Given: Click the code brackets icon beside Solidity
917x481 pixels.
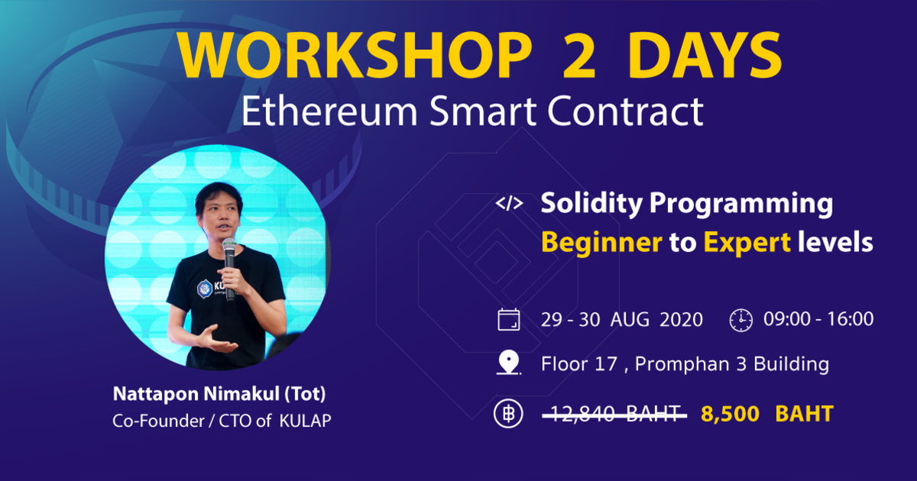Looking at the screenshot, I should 509,204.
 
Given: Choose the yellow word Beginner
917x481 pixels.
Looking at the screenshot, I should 601,243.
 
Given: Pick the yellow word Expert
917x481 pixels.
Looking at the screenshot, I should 747,243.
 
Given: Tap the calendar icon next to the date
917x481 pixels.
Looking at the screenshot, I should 508,319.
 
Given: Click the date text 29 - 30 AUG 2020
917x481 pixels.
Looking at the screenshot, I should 621,319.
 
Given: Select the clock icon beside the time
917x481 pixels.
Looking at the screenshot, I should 740,320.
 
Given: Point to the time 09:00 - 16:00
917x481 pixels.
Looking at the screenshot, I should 818,319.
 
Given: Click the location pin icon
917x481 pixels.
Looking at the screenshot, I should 508,364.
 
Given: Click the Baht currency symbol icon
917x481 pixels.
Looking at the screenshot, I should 508,415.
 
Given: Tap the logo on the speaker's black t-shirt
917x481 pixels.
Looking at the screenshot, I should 206,289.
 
